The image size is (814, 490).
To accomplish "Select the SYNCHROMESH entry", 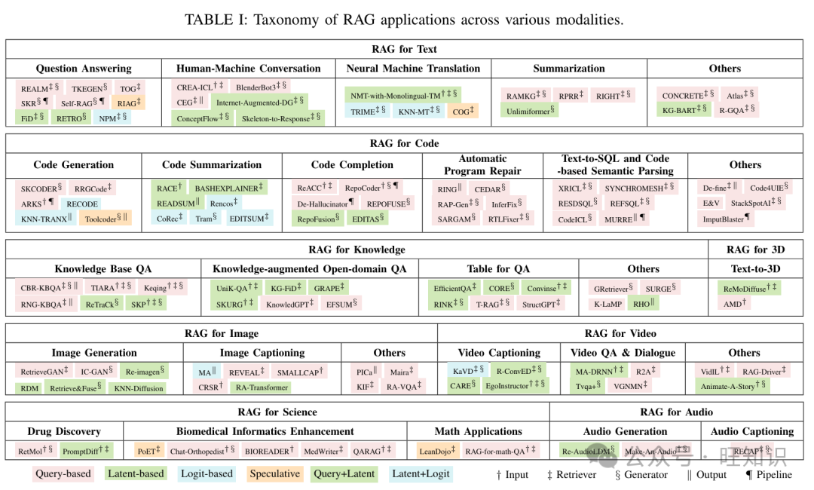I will (639, 188).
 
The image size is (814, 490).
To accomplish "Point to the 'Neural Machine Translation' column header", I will (413, 69).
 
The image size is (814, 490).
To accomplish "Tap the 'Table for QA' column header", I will (498, 269).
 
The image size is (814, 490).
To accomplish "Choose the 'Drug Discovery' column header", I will (64, 432).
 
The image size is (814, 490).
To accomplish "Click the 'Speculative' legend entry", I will (274, 474).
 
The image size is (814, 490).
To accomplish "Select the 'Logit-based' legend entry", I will (206, 474).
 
